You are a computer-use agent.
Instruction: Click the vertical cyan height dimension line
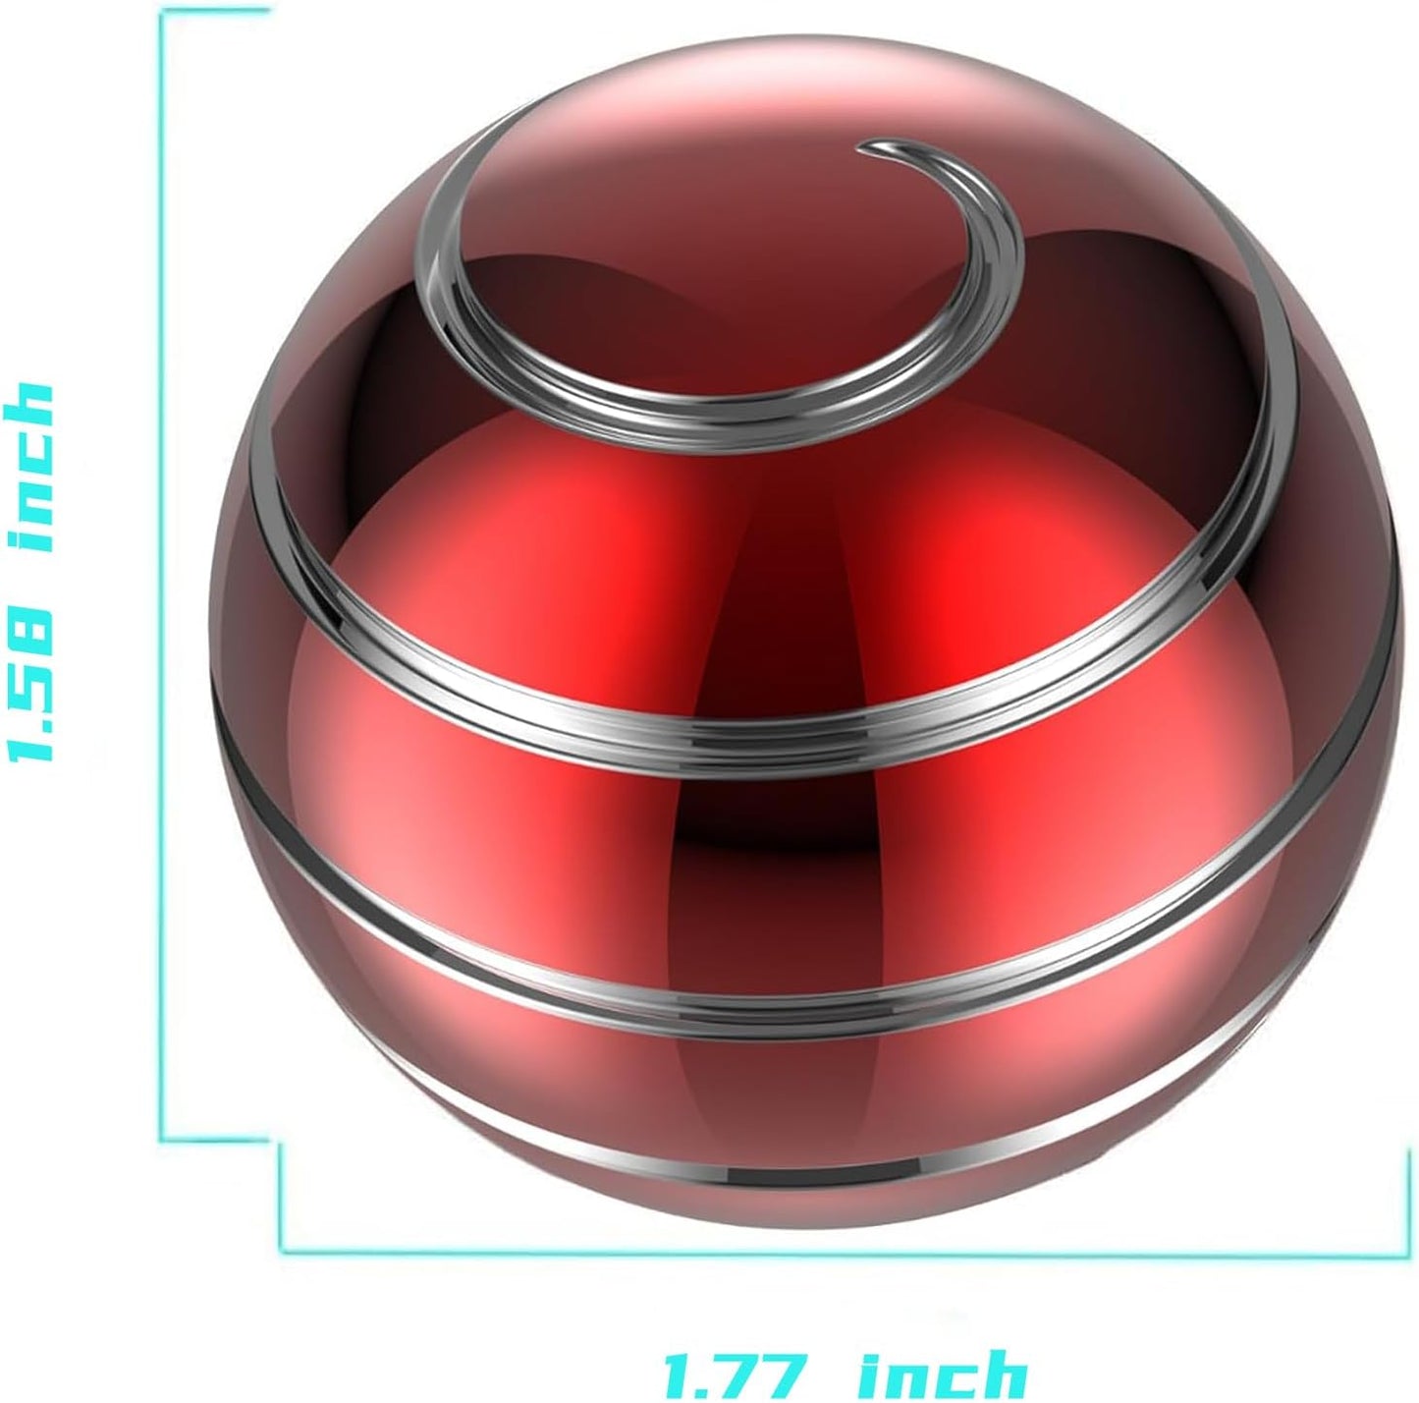click(162, 589)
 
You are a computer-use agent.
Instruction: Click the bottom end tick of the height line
click(216, 1141)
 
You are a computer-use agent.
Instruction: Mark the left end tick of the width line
click(282, 1199)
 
